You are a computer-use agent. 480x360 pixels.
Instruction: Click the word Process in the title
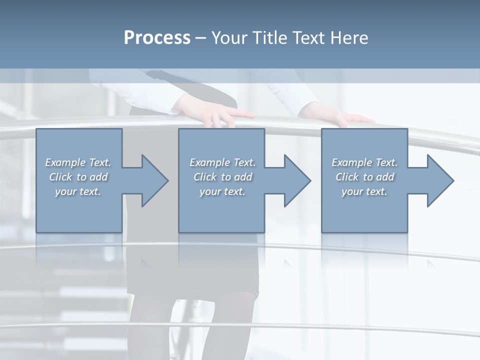point(157,38)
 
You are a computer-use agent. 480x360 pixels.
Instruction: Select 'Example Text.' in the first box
point(78,162)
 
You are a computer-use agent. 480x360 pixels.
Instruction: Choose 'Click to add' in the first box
point(78,177)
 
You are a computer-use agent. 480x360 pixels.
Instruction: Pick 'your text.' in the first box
point(78,191)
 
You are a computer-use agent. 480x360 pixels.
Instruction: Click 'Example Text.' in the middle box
point(222,162)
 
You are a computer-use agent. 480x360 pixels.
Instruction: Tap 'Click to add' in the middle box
point(222,177)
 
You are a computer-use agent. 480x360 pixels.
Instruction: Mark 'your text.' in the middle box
point(222,191)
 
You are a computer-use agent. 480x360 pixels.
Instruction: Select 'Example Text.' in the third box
point(364,162)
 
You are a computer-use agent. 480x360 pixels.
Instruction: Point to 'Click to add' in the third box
point(364,177)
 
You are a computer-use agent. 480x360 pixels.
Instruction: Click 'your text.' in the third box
point(364,191)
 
